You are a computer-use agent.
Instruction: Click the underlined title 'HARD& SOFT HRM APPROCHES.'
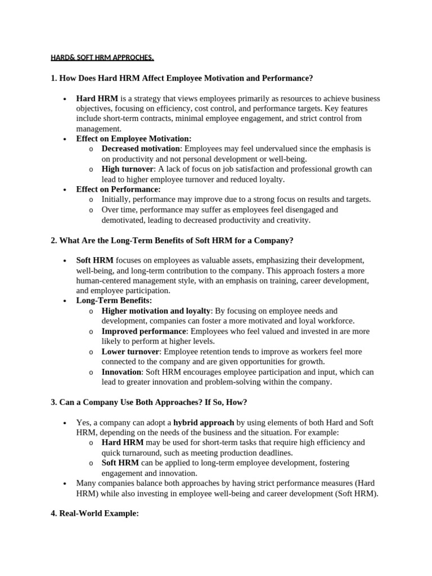tap(102, 58)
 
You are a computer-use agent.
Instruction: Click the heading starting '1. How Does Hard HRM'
tap(181, 78)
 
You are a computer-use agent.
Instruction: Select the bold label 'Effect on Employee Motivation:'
tap(134, 138)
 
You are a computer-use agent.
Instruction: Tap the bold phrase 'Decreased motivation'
tap(141, 148)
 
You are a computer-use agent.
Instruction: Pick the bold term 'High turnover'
tap(127, 169)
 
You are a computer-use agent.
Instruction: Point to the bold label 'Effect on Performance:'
tap(118, 190)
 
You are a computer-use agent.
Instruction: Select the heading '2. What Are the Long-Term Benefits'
tap(172, 240)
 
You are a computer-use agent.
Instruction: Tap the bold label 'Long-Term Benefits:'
tap(114, 301)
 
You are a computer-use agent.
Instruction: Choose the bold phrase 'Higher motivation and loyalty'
tap(156, 310)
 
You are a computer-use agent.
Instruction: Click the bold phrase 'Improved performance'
tap(143, 331)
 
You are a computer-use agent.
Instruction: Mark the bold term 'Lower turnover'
tap(130, 352)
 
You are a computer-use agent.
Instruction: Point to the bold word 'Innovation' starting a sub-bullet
tap(121, 372)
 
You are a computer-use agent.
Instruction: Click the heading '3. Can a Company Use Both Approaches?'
tap(148, 402)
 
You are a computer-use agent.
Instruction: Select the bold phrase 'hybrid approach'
tap(204, 422)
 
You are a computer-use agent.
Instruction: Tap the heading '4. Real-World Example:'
tap(94, 514)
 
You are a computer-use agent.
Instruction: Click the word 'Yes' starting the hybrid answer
tap(83, 422)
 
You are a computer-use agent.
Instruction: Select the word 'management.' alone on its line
tap(99, 128)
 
